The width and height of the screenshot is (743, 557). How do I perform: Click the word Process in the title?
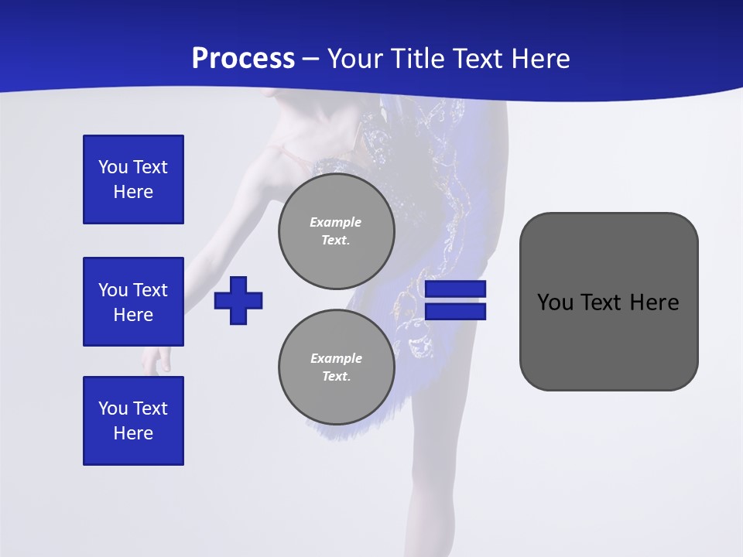[x=243, y=59]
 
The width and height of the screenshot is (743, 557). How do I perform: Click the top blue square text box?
[x=133, y=179]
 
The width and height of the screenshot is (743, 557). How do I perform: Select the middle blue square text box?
[x=133, y=302]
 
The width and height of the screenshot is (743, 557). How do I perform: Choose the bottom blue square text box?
[x=133, y=421]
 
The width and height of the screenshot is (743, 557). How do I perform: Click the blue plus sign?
[x=238, y=300]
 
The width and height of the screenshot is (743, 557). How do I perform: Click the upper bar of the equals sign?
[x=455, y=289]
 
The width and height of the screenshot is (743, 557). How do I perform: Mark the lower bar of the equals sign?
[x=455, y=312]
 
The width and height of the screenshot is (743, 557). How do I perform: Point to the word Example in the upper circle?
[x=335, y=222]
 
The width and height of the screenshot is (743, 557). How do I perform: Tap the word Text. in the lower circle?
[x=336, y=377]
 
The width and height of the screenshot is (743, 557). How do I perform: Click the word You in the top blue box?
[x=113, y=167]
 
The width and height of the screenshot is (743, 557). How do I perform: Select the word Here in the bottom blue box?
[x=133, y=433]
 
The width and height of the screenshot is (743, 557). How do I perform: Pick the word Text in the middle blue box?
[x=150, y=290]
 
